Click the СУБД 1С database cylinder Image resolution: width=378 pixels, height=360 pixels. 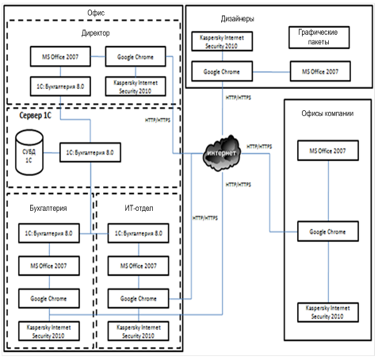pyautogui.click(x=29, y=152)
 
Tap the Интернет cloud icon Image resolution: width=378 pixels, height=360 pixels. pyautogui.click(x=221, y=153)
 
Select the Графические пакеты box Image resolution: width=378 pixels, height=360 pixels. pyautogui.click(x=319, y=37)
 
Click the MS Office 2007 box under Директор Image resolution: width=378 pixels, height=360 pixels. pyautogui.click(x=60, y=56)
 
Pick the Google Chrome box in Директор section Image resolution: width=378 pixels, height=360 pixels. pyautogui.click(x=136, y=56)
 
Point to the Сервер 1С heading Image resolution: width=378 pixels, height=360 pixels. pyautogui.click(x=35, y=116)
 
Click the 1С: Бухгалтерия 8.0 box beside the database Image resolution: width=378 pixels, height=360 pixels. pyautogui.click(x=90, y=152)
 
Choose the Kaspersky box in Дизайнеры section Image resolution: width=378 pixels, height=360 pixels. pyautogui.click(x=222, y=41)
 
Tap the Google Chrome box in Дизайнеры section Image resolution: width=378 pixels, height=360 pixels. pyautogui.click(x=222, y=71)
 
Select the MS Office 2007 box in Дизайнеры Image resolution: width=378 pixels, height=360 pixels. pyautogui.click(x=320, y=71)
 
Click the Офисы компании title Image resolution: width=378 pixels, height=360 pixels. pyautogui.click(x=327, y=113)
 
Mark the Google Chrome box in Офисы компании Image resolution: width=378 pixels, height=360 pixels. pyautogui.click(x=328, y=232)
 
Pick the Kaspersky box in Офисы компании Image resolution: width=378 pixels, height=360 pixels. pyautogui.click(x=328, y=312)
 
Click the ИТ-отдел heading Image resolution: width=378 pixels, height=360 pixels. pyautogui.click(x=139, y=208)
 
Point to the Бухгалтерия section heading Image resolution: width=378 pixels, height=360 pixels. pyautogui.click(x=48, y=209)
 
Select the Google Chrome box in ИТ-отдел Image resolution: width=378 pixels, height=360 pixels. pyautogui.click(x=138, y=298)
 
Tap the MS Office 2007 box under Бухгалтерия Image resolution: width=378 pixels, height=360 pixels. pyautogui.click(x=49, y=266)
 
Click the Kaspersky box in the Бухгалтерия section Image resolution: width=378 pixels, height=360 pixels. pyautogui.click(x=49, y=331)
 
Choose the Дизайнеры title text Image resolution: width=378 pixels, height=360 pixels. pyautogui.click(x=238, y=19)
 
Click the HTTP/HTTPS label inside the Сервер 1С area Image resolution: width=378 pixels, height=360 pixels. pyautogui.click(x=158, y=121)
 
